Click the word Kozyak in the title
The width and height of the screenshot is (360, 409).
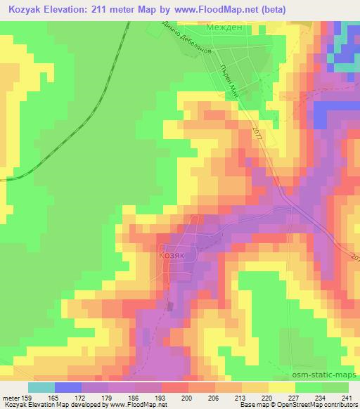(x=27, y=8)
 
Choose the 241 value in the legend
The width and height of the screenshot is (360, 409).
(x=345, y=397)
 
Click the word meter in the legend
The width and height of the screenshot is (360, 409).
(x=11, y=397)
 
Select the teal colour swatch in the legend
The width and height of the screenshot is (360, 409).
(x=41, y=387)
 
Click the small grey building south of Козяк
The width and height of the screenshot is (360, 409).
(x=169, y=305)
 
